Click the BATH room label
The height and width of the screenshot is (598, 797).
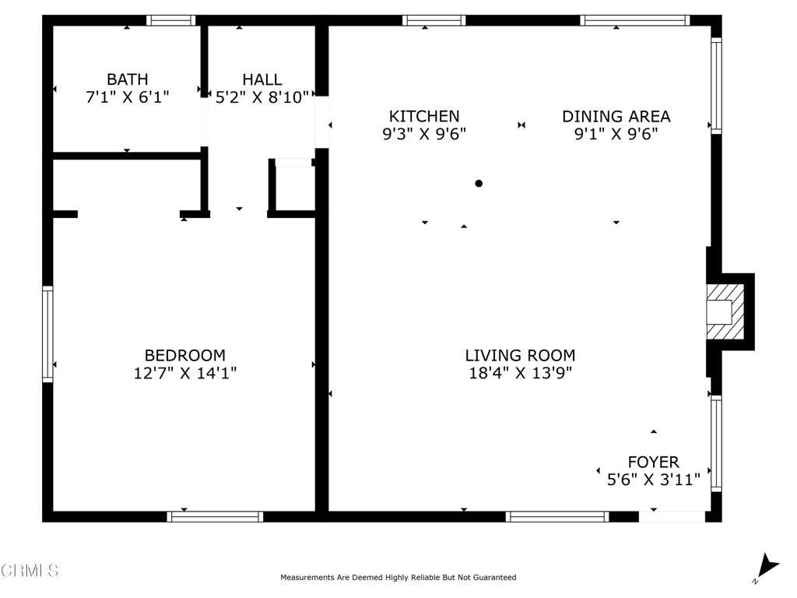(x=127, y=79)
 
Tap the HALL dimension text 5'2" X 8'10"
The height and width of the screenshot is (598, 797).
(x=262, y=97)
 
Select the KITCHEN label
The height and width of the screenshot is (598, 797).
(x=424, y=117)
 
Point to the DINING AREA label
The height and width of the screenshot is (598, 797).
(x=616, y=117)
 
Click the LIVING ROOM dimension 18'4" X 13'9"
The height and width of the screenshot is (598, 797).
(x=520, y=373)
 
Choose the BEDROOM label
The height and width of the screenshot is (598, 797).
(x=185, y=356)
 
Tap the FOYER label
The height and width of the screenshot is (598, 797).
(x=653, y=463)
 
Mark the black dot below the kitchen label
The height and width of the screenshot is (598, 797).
(x=479, y=184)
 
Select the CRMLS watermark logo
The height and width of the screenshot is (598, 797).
(x=30, y=571)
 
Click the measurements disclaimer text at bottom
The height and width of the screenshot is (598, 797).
(x=398, y=578)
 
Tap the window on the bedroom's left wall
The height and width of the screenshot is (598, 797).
(x=48, y=334)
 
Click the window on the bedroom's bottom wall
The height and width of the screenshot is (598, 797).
(x=216, y=515)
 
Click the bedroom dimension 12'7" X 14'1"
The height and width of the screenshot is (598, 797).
(x=185, y=374)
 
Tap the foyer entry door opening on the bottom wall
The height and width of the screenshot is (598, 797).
(x=671, y=515)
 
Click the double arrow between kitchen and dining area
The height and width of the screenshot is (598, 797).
(x=521, y=125)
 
